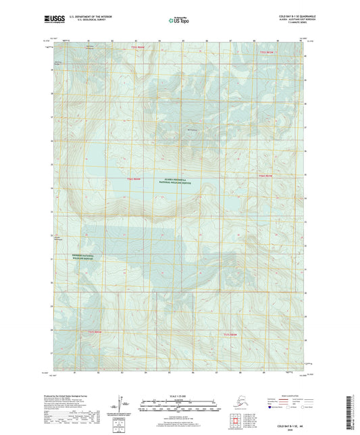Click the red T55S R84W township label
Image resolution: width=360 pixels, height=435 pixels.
[138, 47]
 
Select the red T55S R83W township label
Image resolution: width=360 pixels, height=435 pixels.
[272, 51]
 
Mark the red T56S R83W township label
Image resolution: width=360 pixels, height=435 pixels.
[265, 176]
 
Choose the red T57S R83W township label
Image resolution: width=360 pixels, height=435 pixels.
[230, 334]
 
